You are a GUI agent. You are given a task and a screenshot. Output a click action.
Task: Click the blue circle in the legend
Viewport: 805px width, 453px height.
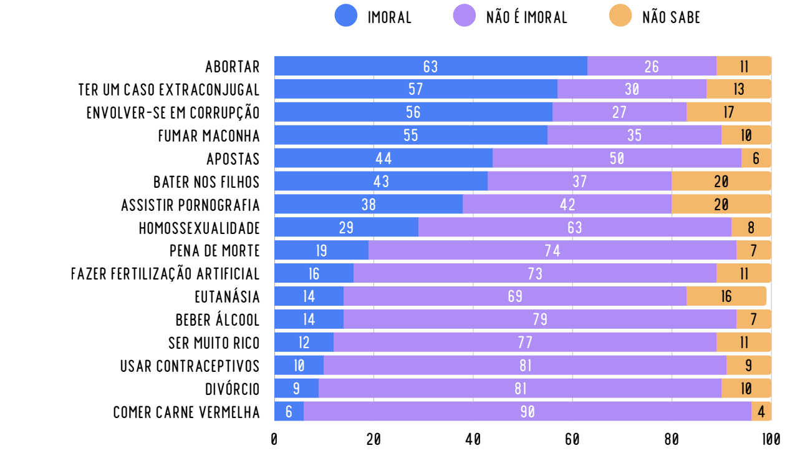(x=346, y=17)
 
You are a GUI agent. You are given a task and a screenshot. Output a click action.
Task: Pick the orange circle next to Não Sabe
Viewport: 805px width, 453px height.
(x=620, y=17)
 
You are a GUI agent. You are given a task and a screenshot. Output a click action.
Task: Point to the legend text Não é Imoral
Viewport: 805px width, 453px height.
(x=527, y=17)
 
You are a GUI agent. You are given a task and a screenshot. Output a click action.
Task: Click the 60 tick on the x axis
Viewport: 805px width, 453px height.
(x=572, y=439)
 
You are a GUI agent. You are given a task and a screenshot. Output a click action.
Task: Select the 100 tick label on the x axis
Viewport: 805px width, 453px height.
(x=771, y=439)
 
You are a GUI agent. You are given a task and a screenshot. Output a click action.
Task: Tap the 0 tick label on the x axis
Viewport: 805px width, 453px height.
(x=274, y=439)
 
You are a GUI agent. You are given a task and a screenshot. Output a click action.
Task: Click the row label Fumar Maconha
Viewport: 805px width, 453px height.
(x=209, y=135)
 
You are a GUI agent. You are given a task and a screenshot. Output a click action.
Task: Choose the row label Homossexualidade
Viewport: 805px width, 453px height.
(x=199, y=228)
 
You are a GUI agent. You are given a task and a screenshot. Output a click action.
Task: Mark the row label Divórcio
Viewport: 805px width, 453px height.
(x=232, y=389)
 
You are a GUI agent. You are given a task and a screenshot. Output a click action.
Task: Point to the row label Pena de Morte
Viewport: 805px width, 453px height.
(x=215, y=251)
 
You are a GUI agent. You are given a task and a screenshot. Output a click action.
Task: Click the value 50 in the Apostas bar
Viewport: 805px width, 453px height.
(x=617, y=158)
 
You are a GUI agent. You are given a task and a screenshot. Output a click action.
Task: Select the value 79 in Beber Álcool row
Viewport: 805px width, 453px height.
(x=540, y=319)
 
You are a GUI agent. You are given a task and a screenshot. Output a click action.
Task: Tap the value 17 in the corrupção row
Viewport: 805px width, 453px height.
(x=728, y=112)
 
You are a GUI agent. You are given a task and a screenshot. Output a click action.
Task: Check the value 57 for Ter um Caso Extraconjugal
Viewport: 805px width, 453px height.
(x=416, y=89)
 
